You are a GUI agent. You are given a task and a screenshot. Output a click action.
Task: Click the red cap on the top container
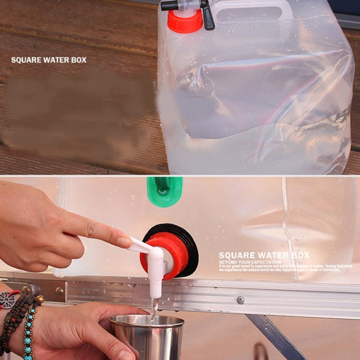coord(185,22)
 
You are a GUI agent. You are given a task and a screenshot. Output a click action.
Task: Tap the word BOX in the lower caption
coord(299,255)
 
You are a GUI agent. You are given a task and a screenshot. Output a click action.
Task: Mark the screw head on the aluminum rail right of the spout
coord(240,300)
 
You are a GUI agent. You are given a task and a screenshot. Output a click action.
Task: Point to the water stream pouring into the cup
coord(153,310)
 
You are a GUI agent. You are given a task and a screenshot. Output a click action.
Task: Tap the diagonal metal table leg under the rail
coord(276,336)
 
